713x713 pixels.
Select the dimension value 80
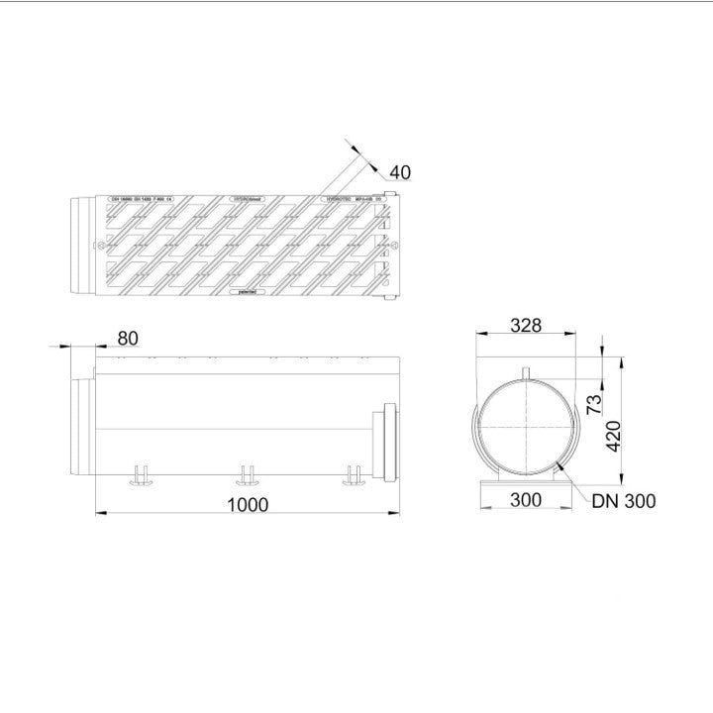coord(128,338)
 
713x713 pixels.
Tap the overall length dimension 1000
coord(247,504)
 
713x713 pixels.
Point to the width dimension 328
coord(525,326)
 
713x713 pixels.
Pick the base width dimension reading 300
coord(525,500)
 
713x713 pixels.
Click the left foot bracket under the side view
coord(140,476)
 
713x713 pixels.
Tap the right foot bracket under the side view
coord(353,476)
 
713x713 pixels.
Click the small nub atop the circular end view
coord(527,372)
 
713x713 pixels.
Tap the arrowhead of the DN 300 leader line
coord(561,460)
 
